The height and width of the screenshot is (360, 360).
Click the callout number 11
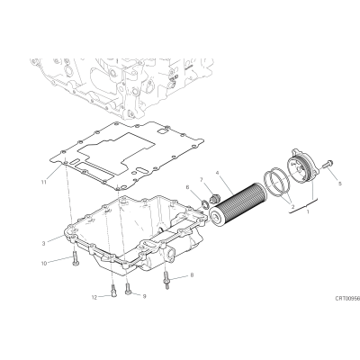[x=44, y=182]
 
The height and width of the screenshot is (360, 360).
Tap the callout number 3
[x=44, y=243]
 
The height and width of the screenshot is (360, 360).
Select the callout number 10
[x=44, y=264]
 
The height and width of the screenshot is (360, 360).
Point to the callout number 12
[x=94, y=297]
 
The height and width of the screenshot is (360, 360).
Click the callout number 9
[x=144, y=296]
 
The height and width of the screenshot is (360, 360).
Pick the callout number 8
[x=192, y=274]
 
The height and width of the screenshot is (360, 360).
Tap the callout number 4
[x=217, y=173]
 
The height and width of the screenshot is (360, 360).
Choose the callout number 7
[x=202, y=179]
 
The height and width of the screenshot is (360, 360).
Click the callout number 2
[x=292, y=206]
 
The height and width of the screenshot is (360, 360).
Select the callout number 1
[x=308, y=211]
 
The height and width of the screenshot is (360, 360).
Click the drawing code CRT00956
[x=347, y=299]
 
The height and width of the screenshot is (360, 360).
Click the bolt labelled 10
[x=75, y=259]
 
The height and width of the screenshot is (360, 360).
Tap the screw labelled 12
[x=113, y=291]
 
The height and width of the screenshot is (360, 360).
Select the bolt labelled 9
[x=128, y=289]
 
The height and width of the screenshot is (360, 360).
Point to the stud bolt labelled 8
[x=166, y=280]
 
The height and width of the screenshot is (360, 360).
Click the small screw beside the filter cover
[x=327, y=164]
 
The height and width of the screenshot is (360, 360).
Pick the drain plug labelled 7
[x=215, y=199]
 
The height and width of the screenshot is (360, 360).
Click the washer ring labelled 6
[x=204, y=205]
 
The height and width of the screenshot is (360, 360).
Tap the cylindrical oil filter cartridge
[x=238, y=205]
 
